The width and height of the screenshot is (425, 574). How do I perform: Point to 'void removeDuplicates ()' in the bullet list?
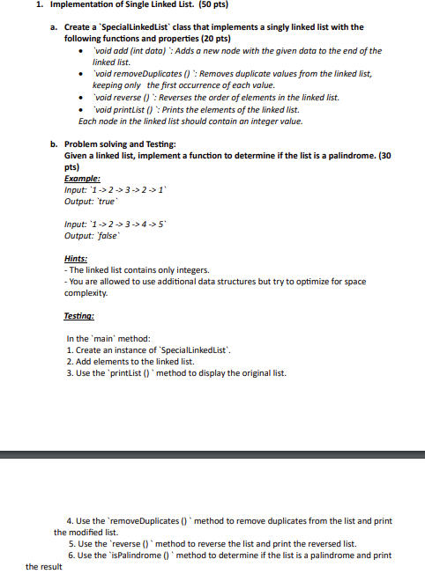pos(138,75)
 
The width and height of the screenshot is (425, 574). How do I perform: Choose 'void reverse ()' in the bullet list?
pos(123,98)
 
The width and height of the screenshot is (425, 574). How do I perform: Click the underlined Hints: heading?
pos(76,258)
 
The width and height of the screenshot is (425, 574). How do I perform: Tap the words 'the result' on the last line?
pos(44,567)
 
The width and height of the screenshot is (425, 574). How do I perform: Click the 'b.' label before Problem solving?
pos(55,143)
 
